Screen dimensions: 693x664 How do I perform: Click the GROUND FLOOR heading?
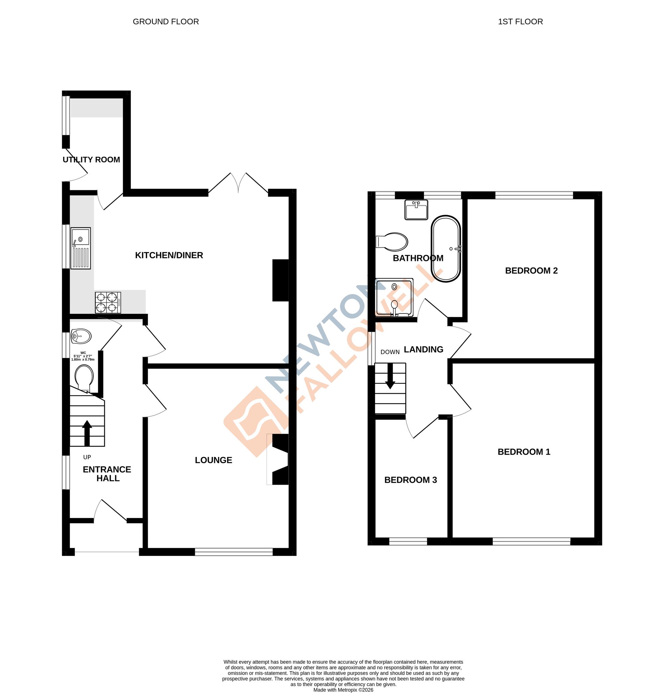[x=165, y=22]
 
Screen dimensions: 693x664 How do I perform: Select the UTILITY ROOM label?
[x=91, y=159]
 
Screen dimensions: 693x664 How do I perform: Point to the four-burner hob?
[x=108, y=302]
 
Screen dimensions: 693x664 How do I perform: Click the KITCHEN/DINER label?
[x=169, y=255]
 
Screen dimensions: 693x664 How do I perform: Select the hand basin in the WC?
[x=81, y=336]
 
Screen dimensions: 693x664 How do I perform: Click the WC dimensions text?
[x=83, y=356]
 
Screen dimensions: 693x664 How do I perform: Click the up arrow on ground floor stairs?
[x=87, y=432]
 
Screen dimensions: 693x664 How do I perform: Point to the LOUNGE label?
[x=213, y=460]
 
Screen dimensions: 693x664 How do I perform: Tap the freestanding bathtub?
[x=446, y=249]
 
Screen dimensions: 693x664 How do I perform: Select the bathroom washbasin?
[x=416, y=210]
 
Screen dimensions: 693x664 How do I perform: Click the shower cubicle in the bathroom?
[x=394, y=297]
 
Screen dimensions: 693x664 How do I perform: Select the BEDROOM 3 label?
[x=410, y=480]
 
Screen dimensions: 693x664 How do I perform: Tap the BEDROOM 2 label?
[x=531, y=271]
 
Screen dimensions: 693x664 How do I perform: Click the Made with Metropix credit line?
[x=343, y=689]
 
